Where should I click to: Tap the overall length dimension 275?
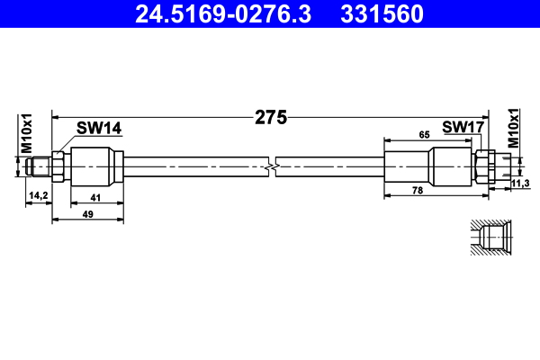point(270,117)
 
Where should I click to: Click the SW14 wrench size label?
point(98,129)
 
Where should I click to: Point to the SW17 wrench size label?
point(463,128)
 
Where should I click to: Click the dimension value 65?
point(423,134)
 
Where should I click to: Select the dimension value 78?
point(418,190)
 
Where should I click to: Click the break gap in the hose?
point(274,166)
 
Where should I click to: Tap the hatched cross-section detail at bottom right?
point(490,236)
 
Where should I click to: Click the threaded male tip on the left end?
point(39,166)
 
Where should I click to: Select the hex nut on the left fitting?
point(58,166)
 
